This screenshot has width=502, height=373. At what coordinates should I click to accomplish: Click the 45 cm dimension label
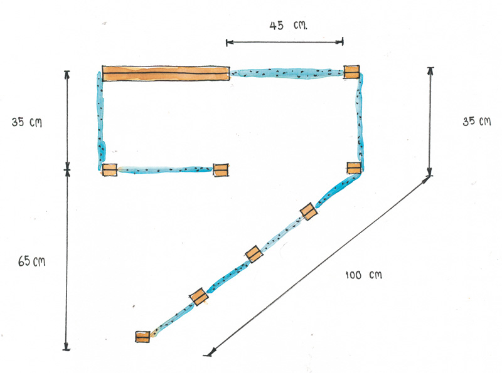coord(288,25)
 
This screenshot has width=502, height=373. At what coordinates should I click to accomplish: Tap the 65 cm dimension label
coord(32,261)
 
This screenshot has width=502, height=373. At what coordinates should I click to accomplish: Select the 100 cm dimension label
coord(364,275)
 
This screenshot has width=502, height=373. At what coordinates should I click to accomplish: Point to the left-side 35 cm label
coord(26,122)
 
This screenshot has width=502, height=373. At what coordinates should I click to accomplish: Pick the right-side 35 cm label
coord(477,121)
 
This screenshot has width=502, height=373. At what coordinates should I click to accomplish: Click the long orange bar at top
coord(166,73)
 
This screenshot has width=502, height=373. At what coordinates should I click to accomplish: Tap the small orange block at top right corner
coord(351,72)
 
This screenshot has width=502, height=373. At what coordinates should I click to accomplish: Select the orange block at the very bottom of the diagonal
coord(142,337)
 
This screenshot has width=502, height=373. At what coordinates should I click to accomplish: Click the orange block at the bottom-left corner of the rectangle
coord(109,170)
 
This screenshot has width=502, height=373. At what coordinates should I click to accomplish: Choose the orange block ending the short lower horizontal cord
coord(221,170)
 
